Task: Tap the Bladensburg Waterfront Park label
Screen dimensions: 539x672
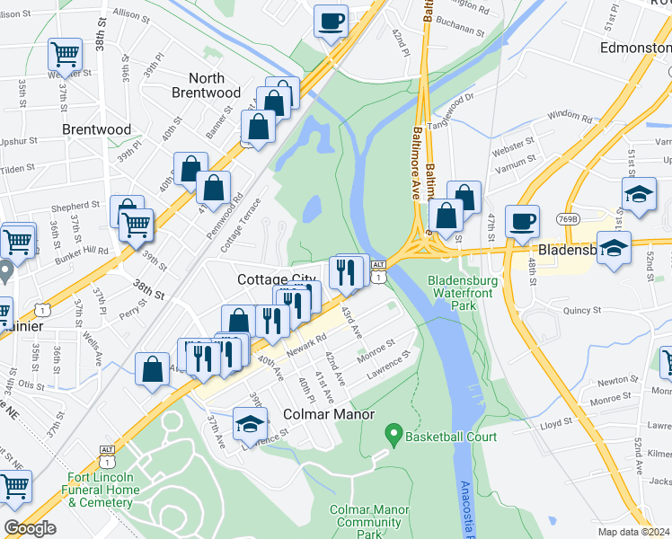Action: click(x=463, y=293)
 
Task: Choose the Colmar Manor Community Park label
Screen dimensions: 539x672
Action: click(x=365, y=522)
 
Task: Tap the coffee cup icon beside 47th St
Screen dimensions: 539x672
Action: click(x=522, y=221)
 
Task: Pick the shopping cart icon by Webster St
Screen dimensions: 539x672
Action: click(x=65, y=55)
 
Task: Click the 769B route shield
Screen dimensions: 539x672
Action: click(x=567, y=218)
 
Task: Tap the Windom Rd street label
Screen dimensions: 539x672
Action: click(x=569, y=115)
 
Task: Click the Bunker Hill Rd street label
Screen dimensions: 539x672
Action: click(x=90, y=252)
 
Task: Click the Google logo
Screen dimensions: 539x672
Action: click(x=30, y=528)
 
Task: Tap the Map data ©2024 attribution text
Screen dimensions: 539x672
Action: click(x=633, y=532)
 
